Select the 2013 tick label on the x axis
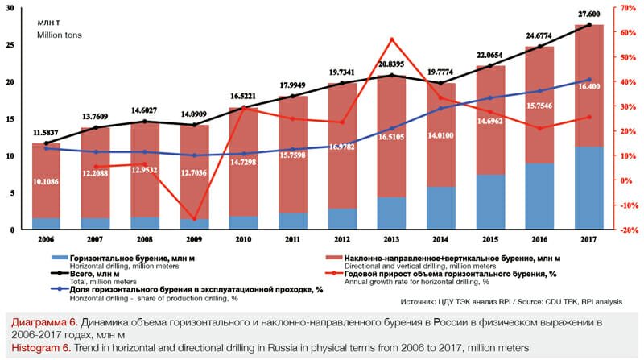click(390, 239)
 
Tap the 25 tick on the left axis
click(9, 46)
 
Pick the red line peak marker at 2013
click(391, 39)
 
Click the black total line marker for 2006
click(47, 143)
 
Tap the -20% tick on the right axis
click(623, 230)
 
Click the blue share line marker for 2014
click(440, 108)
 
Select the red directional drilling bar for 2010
click(243, 161)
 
